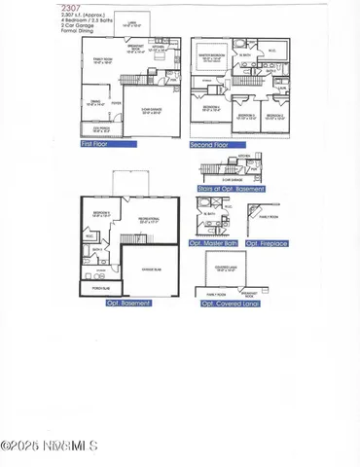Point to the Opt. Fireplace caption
(266, 243)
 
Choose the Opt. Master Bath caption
(216, 243)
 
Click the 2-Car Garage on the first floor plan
(152, 113)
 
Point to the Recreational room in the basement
(149, 221)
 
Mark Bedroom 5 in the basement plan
(101, 213)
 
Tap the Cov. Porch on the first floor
(99, 127)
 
